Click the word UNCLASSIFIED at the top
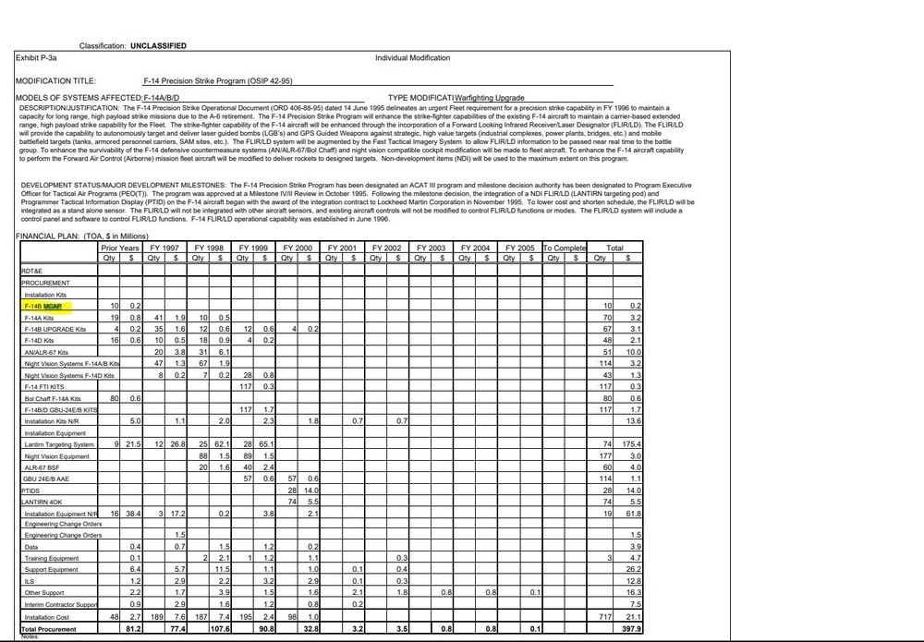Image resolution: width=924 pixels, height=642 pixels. click(x=158, y=45)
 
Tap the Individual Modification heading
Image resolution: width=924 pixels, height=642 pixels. click(x=413, y=58)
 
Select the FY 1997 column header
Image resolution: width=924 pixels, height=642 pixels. click(x=164, y=248)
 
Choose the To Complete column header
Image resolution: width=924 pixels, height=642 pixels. click(x=565, y=248)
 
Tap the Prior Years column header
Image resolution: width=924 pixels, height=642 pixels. click(x=120, y=248)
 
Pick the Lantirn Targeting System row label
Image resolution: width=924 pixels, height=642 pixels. click(x=59, y=444)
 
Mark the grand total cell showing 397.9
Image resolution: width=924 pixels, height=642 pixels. click(x=631, y=629)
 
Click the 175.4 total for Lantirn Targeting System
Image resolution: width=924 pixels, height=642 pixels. click(x=631, y=444)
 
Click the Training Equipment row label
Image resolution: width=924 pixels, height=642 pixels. click(x=51, y=559)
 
